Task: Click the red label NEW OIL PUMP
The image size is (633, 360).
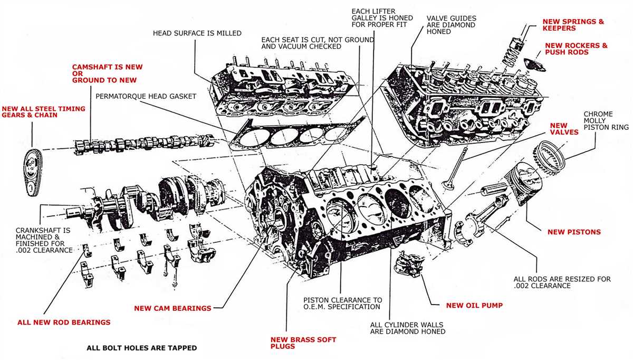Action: pyautogui.click(x=474, y=305)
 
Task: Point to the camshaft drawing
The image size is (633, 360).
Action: pyautogui.click(x=142, y=144)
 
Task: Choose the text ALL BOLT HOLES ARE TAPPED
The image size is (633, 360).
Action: pyautogui.click(x=141, y=348)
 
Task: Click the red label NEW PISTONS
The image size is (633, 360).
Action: pyautogui.click(x=574, y=232)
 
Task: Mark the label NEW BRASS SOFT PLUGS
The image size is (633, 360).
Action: pyautogui.click(x=303, y=343)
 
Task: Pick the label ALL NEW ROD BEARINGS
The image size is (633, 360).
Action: pyautogui.click(x=64, y=321)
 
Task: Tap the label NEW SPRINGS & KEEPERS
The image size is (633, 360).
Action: pyautogui.click(x=573, y=25)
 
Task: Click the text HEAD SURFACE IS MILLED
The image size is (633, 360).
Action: pyautogui.click(x=197, y=33)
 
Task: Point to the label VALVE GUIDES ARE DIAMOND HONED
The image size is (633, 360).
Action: pyautogui.click(x=450, y=25)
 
